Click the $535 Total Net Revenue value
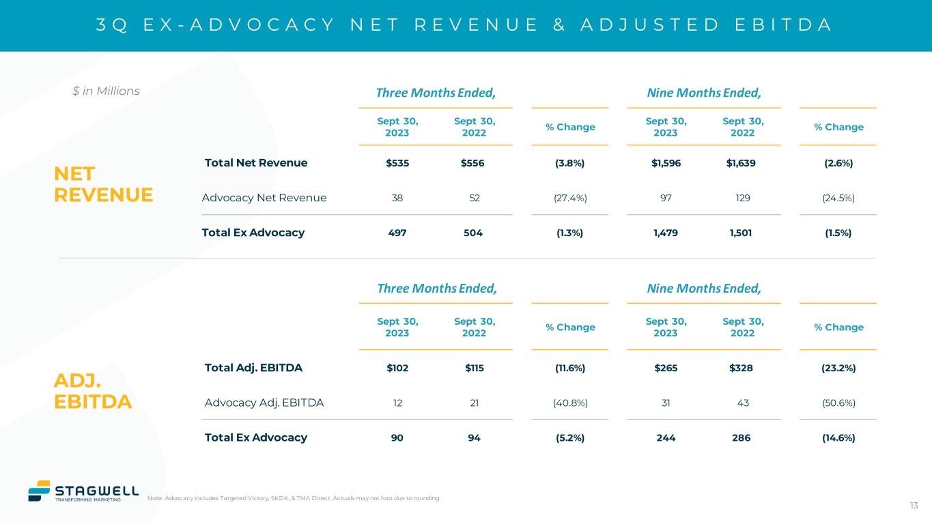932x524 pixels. pos(397,163)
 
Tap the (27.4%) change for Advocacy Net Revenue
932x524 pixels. pos(570,198)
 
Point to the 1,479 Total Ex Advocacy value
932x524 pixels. pos(666,233)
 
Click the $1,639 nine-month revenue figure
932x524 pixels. pos(742,163)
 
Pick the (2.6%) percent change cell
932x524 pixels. pos(838,163)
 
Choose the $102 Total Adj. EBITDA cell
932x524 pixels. pos(397,368)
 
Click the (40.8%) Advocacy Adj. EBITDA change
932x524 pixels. pos(570,403)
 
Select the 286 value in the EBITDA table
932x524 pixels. pos(742,438)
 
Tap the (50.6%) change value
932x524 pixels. pos(838,403)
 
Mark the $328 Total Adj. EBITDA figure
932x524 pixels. pos(742,368)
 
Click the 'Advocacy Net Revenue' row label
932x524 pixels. pos(264,198)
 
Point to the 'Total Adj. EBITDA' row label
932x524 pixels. pos(253,368)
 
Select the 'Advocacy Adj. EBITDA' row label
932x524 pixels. pos(264,403)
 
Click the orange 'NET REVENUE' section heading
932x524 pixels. pos(103,184)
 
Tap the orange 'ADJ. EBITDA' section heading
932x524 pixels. pos(93,391)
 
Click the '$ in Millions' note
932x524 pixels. pos(106,91)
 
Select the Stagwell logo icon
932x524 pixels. pos(39,491)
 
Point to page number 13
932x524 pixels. pos(914,506)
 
